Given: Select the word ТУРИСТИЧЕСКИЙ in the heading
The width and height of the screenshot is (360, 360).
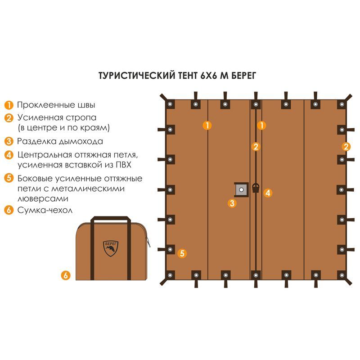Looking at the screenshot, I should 134,75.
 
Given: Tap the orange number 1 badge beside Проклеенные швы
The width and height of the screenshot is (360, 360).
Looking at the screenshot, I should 9,105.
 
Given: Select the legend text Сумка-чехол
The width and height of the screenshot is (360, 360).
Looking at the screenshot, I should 45,210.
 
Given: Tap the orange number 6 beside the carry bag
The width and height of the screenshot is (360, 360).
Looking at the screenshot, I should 66,275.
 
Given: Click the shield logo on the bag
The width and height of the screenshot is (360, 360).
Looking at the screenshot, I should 111,248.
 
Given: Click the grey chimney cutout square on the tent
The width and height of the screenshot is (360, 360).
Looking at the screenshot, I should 241,190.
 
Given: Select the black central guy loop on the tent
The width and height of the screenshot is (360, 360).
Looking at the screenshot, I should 256,188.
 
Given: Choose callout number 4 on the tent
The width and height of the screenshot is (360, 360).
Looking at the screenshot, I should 267,193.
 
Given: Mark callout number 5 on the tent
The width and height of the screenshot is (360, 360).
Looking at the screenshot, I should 182,253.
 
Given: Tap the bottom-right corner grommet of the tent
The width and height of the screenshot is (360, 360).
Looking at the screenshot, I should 341,274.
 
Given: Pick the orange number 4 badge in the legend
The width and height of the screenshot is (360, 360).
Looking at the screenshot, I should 9,155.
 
